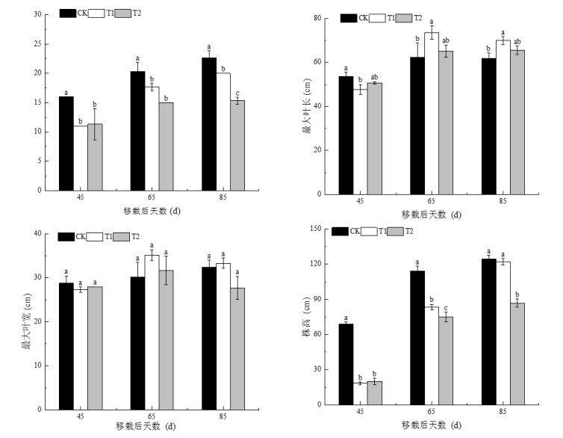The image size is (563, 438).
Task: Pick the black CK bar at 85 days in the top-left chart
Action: point(208,124)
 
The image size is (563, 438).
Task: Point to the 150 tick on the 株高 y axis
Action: point(323,229)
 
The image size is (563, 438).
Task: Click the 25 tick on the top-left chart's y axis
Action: point(37,43)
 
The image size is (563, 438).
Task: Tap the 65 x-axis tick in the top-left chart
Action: point(152,197)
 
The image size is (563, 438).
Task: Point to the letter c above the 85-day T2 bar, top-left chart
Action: point(237,93)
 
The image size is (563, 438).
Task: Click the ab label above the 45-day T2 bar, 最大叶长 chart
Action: point(376,76)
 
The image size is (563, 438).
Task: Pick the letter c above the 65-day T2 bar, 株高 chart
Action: point(447,309)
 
